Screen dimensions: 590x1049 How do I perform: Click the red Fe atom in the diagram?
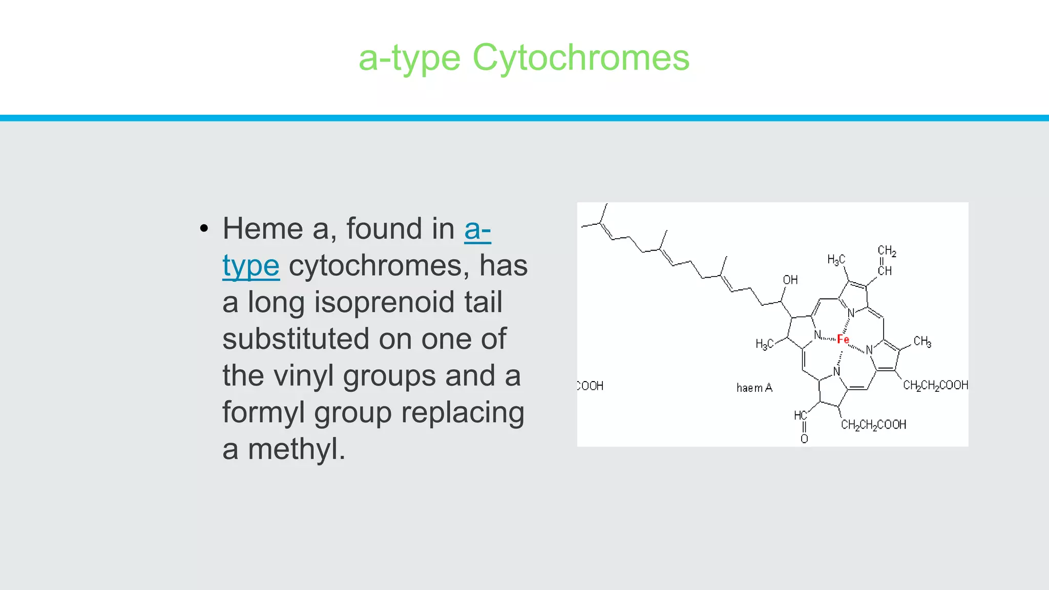843,340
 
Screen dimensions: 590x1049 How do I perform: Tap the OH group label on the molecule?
790,280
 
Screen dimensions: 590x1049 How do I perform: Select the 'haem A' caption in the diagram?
754,388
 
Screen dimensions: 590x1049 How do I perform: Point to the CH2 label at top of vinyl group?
887,251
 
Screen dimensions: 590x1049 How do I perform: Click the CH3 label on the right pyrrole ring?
922,342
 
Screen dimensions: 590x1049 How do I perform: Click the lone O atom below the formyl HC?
804,439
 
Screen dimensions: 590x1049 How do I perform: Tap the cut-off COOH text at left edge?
591,386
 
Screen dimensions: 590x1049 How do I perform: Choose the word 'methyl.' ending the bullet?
297,449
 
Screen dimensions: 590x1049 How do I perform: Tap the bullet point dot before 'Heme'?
204,228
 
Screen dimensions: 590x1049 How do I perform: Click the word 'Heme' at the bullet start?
262,228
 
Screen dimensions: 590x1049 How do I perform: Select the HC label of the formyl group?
800,415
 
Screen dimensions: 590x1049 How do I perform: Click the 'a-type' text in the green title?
409,57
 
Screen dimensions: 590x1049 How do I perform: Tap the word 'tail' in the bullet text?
483,302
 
